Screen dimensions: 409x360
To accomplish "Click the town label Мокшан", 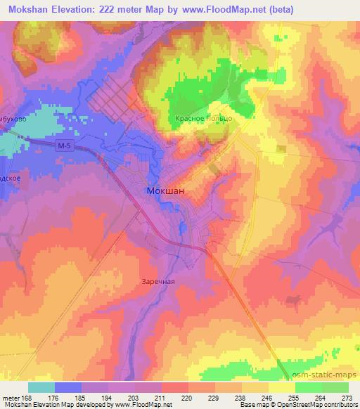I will point(165,190).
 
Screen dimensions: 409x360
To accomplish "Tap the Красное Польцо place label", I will point(203,119).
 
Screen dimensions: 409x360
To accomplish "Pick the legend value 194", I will point(106,397).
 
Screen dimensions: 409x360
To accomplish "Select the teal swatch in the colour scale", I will point(41,387).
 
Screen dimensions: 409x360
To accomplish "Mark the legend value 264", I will point(319,397).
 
